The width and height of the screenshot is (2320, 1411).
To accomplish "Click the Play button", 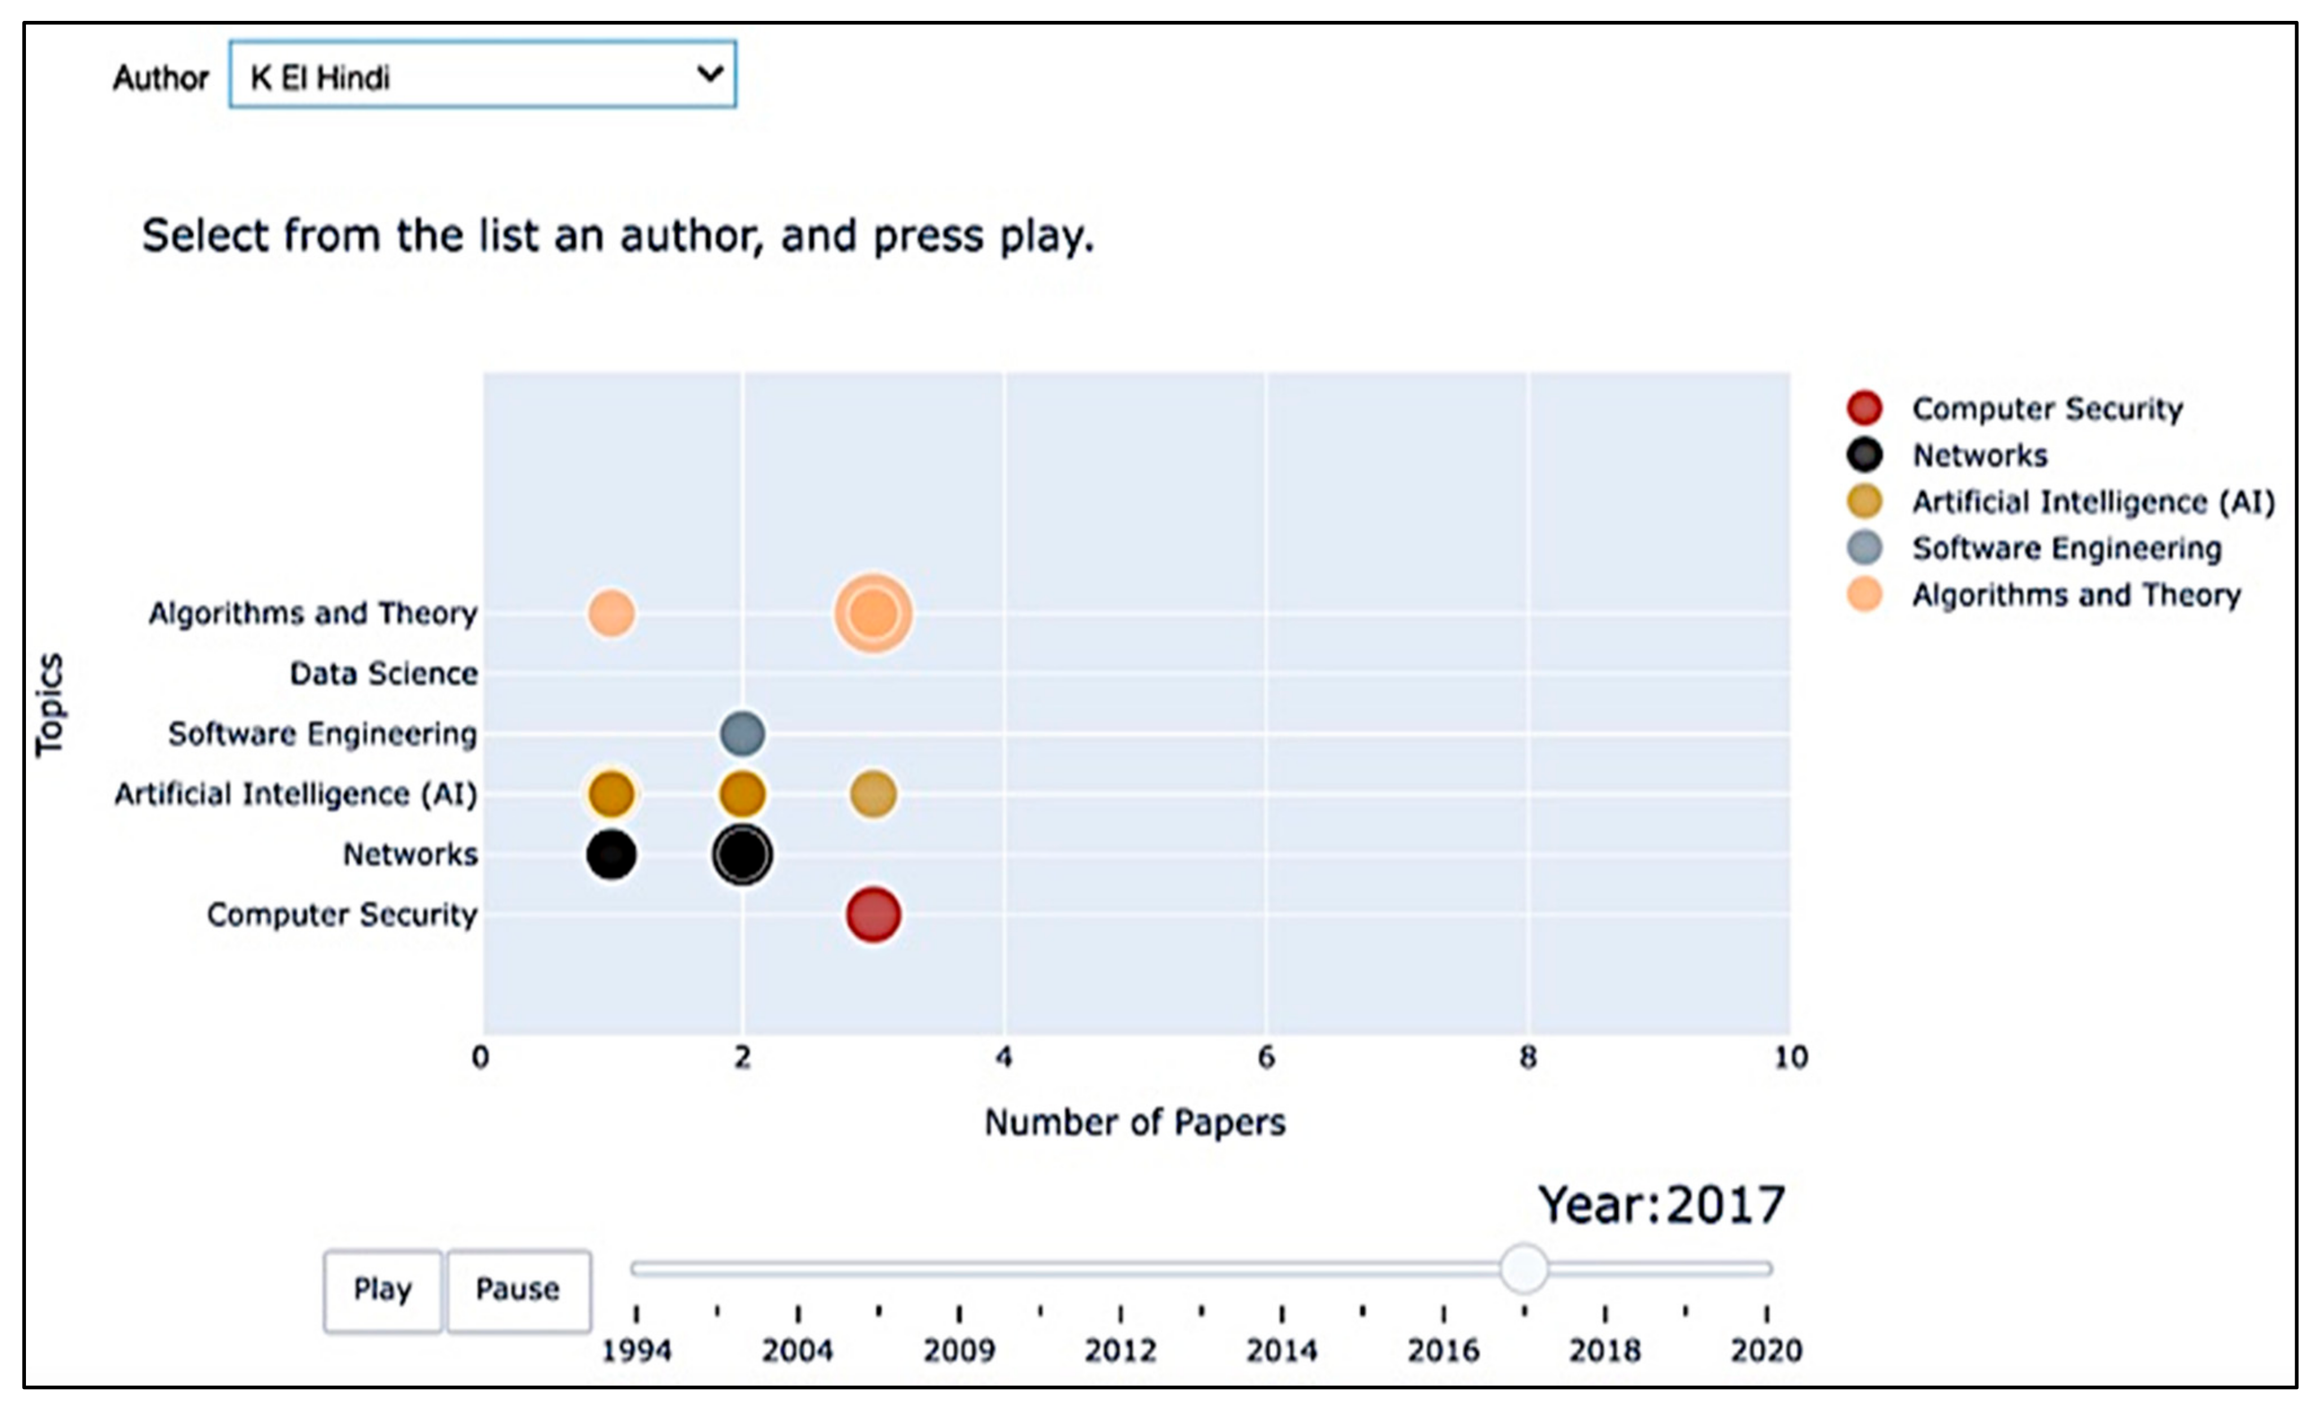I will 383,1290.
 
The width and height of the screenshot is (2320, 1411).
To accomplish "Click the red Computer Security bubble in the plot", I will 873,914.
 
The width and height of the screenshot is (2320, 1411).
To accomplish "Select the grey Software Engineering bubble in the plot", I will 742,733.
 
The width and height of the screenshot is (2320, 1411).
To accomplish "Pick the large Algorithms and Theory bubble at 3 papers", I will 873,613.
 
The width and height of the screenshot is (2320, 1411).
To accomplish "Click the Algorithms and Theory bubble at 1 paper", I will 611,613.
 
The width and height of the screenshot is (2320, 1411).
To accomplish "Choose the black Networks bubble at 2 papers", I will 742,855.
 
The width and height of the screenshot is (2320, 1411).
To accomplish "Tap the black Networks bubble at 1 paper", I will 611,855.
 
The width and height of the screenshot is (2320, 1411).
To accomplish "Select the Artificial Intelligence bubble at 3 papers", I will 873,794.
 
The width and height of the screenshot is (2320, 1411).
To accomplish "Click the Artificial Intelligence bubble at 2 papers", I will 742,794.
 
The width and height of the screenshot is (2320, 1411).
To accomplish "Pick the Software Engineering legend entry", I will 2066,548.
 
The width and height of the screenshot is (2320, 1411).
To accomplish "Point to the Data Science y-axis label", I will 383,673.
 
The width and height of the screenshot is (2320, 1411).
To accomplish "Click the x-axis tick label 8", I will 1527,1058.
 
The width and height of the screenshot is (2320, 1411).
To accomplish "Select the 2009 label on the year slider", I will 959,1350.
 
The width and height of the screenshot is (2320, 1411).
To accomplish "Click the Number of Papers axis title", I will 1135,1122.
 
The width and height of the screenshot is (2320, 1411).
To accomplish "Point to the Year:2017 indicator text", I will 1661,1205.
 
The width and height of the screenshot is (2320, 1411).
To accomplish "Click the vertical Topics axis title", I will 49,704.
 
